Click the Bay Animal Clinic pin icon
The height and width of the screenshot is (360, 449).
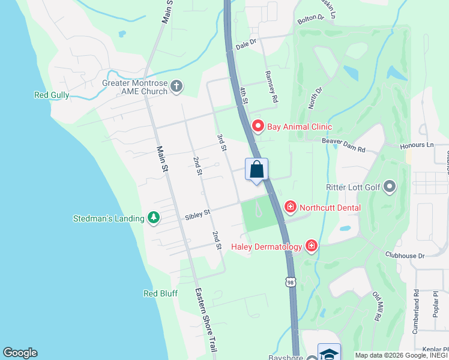click(x=258, y=126)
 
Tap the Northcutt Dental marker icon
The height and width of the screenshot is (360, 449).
click(x=291, y=208)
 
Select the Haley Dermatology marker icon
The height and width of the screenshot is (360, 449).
click(x=311, y=245)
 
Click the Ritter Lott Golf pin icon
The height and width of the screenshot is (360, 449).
click(x=390, y=187)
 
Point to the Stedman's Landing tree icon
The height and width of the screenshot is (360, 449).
click(x=154, y=218)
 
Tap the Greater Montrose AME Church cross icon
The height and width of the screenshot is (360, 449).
click(x=176, y=87)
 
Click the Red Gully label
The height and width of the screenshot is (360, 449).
click(x=52, y=95)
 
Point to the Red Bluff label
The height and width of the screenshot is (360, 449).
click(x=160, y=293)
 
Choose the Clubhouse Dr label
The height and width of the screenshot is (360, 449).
click(x=405, y=255)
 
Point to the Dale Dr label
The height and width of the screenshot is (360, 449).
click(x=246, y=43)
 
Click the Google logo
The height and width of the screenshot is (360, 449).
click(x=20, y=353)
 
